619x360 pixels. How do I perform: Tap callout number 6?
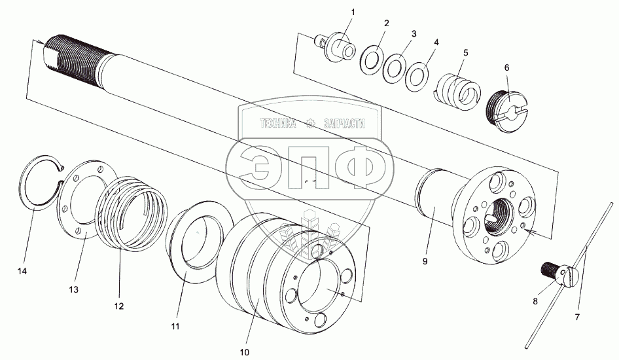click(x=506, y=67)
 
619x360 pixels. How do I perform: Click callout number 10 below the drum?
click(x=245, y=352)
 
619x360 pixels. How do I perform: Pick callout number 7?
click(x=578, y=317)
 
